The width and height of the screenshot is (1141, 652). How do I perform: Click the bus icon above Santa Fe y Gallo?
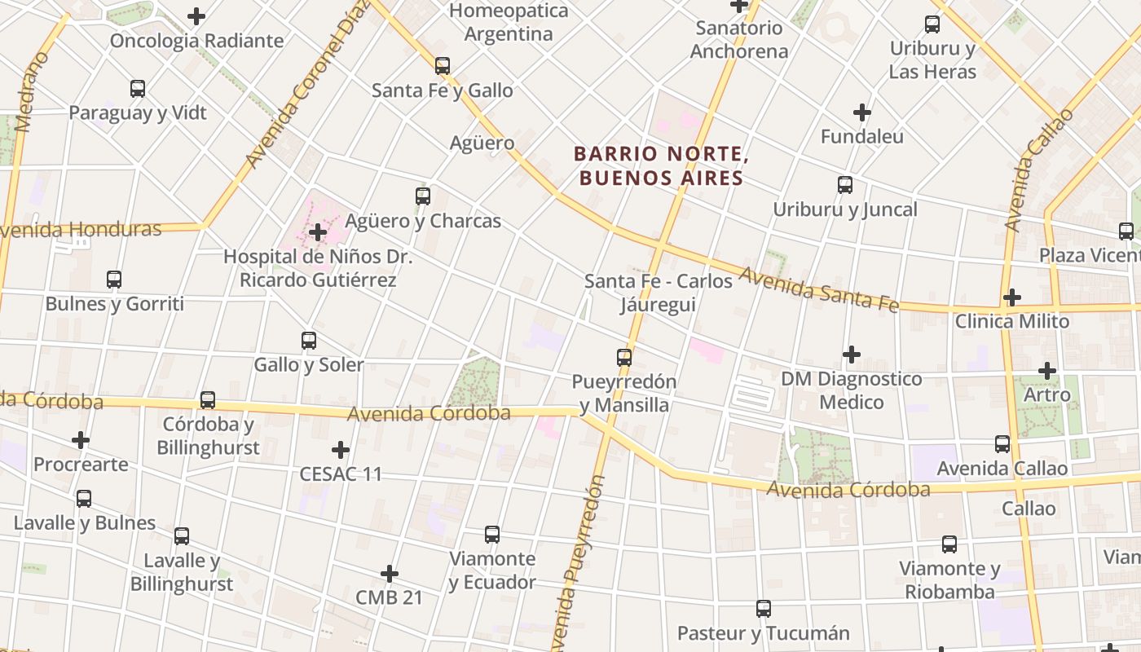tap(443, 66)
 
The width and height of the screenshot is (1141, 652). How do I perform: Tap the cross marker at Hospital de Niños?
tap(318, 232)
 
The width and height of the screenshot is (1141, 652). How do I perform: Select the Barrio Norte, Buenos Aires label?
tap(660, 165)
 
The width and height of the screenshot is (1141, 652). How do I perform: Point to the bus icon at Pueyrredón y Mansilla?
tap(623, 357)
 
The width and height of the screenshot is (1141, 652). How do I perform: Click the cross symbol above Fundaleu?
tap(861, 112)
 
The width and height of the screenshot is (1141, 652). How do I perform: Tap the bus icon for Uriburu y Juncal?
tap(845, 185)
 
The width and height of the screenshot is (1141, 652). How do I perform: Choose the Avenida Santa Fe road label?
tap(818, 289)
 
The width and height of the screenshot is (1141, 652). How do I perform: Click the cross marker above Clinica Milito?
tap(1011, 297)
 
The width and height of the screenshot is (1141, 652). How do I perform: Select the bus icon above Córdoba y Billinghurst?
tap(208, 400)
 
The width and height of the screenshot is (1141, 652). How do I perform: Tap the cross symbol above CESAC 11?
tap(341, 450)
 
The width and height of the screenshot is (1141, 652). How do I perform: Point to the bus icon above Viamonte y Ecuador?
tap(492, 535)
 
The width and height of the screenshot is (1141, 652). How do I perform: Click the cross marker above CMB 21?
tap(390, 574)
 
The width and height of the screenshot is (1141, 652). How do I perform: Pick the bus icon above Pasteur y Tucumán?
tap(764, 609)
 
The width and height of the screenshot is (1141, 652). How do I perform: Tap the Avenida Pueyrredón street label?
tap(579, 562)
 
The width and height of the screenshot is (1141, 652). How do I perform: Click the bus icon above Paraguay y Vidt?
tap(138, 89)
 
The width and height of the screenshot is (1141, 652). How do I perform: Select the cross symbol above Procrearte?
tap(81, 440)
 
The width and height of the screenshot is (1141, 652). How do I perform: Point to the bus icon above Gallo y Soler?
tap(309, 341)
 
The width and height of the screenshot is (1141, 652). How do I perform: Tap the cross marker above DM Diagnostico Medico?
tap(852, 355)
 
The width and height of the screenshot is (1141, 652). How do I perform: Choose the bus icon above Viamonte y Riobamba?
tap(949, 544)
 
